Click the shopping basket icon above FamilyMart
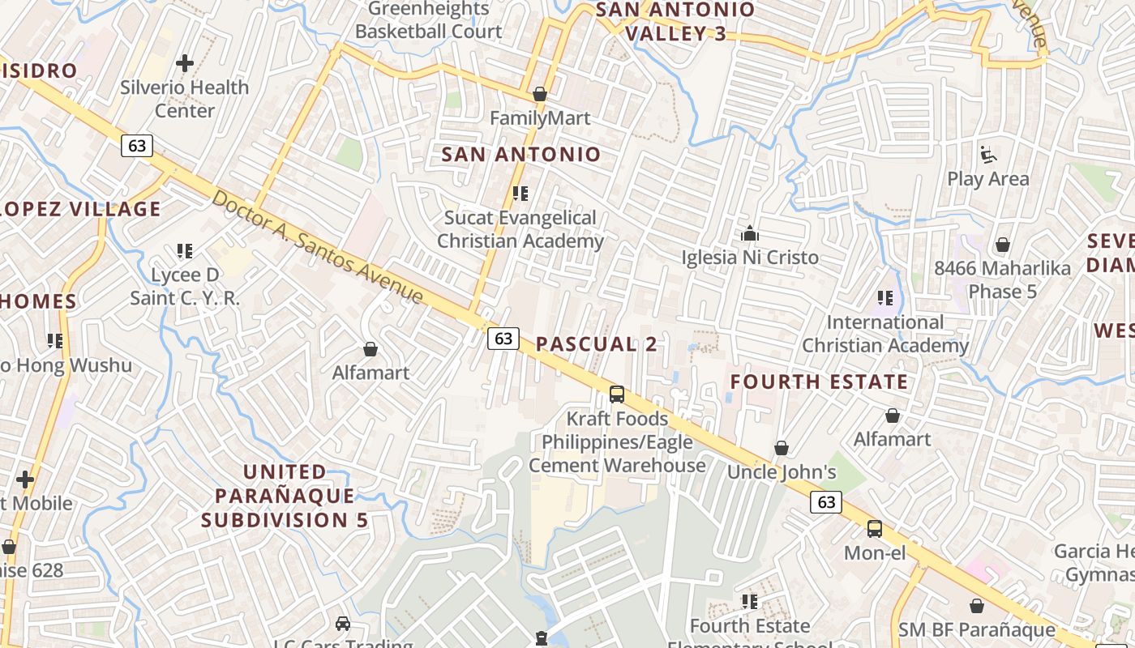540,94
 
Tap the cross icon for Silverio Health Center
185,62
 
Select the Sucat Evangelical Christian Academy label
520,229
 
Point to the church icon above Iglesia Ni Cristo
750,234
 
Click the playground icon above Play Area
987,154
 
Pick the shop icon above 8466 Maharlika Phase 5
1003,244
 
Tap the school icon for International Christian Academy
884,298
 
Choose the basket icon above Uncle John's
782,448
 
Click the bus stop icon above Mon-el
874,529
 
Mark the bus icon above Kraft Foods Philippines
617,394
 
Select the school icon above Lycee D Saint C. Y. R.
185,251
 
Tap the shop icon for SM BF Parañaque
977,605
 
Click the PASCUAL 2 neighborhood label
597,343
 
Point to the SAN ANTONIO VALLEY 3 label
675,22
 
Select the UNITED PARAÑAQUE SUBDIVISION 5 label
285,495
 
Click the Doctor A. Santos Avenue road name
318,247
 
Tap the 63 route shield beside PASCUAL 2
503,339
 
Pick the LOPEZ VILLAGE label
81,209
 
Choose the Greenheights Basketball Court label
429,20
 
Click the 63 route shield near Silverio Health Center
137,145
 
